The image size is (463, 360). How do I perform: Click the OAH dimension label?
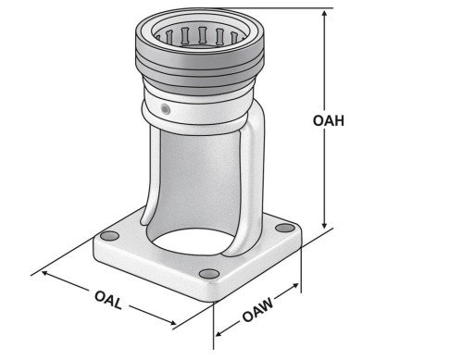coord(329,120)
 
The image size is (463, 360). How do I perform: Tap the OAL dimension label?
coord(108,300)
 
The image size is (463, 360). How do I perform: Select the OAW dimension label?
coord(258,310)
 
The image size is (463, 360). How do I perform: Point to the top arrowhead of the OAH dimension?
coord(324,14)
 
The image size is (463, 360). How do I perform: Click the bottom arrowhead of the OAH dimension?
coord(324,224)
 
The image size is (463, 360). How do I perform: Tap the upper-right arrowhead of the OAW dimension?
coord(294,286)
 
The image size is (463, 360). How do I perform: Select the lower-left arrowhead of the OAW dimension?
coord(219,333)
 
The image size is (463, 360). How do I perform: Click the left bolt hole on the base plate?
coord(109,236)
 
